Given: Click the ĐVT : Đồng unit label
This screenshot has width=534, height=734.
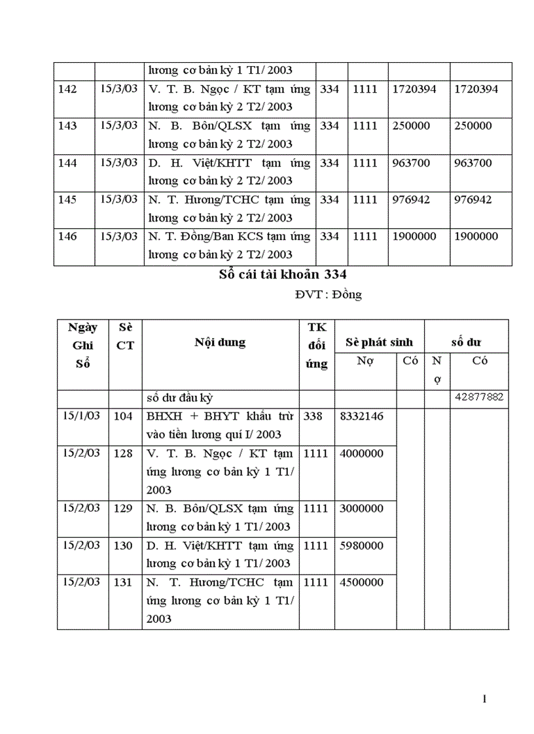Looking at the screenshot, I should pos(328,295).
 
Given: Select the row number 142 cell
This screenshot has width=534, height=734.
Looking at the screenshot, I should pos(67,89).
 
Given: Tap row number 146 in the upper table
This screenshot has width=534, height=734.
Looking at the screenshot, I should pos(67,236).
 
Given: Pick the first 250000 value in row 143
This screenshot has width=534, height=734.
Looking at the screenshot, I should pos(411,125).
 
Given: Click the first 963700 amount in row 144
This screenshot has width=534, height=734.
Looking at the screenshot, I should pos(411,163).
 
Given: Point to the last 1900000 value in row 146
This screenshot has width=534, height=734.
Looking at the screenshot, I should pos(476,236).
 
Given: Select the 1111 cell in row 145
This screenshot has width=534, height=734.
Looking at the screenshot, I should pos(365,199).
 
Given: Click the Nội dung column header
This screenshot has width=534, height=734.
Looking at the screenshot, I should pos(220,342).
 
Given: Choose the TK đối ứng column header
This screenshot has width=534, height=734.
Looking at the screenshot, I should pos(317,345).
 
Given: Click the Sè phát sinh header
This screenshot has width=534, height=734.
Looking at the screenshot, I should pos(379,342).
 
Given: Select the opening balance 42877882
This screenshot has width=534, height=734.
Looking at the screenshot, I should pos(479,398).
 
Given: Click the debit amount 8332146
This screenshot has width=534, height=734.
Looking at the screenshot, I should pos(362,416).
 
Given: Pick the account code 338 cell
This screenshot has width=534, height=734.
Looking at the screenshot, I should pos(313,416).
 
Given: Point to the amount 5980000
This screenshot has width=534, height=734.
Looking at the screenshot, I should pos(362,545).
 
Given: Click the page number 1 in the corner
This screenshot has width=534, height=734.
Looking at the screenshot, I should pos(484,700).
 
